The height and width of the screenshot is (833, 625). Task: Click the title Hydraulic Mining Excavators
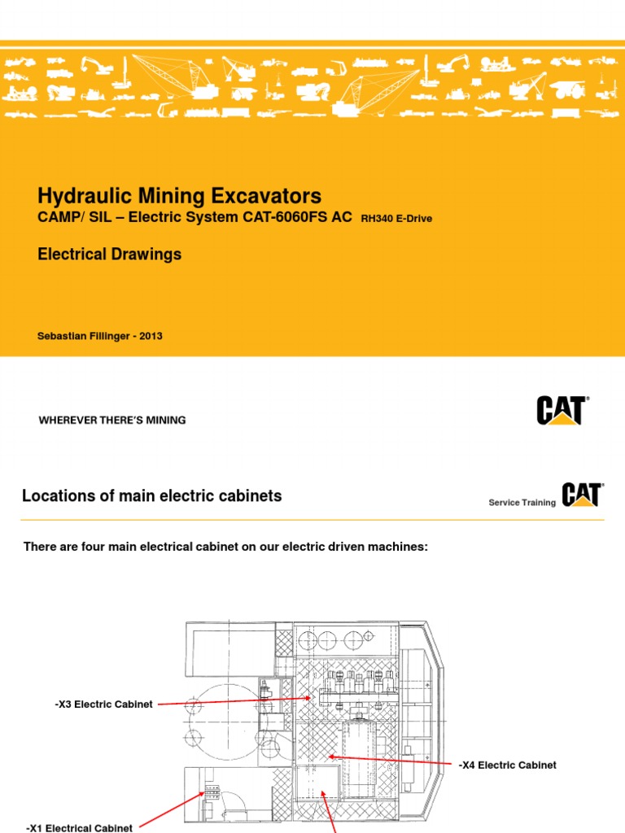(179, 196)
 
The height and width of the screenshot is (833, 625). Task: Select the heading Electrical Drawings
(110, 255)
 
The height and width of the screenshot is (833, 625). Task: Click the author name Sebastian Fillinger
(85, 336)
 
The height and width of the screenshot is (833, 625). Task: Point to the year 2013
(151, 336)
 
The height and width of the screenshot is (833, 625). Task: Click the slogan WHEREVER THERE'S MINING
(112, 421)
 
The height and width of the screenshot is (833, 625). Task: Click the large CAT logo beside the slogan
(562, 410)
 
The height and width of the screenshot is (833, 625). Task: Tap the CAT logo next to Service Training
(581, 495)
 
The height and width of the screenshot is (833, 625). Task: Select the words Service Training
(522, 503)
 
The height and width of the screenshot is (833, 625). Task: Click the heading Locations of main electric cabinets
(152, 496)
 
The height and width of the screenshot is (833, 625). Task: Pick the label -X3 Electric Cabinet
(103, 704)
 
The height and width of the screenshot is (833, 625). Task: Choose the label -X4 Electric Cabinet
(507, 765)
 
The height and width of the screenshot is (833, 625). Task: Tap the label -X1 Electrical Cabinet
(80, 828)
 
